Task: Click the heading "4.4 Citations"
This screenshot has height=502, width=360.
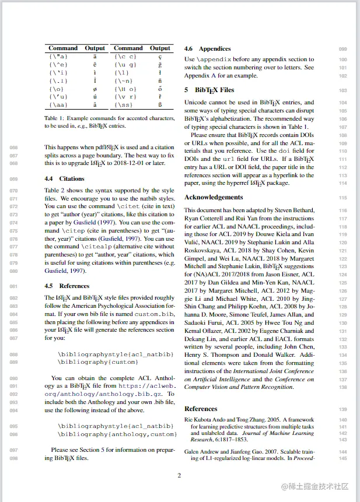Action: [x=64, y=179]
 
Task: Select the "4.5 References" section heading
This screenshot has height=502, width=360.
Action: [x=67, y=286]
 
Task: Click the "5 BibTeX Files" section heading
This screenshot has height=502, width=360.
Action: [x=209, y=90]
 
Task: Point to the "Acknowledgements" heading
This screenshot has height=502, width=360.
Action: [x=214, y=198]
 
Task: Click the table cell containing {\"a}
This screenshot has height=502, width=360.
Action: [x=58, y=57]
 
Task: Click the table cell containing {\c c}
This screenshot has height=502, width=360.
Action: [x=125, y=57]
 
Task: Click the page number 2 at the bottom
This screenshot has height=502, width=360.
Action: [x=179, y=476]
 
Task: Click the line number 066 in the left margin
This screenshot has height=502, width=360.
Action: [x=13, y=148]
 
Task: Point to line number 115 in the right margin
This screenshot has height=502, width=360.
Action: [x=342, y=198]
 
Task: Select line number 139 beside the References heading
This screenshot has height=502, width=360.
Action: [x=342, y=409]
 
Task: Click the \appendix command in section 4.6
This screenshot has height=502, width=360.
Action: [x=216, y=59]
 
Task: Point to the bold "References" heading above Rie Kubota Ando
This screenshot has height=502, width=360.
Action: [x=200, y=409]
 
